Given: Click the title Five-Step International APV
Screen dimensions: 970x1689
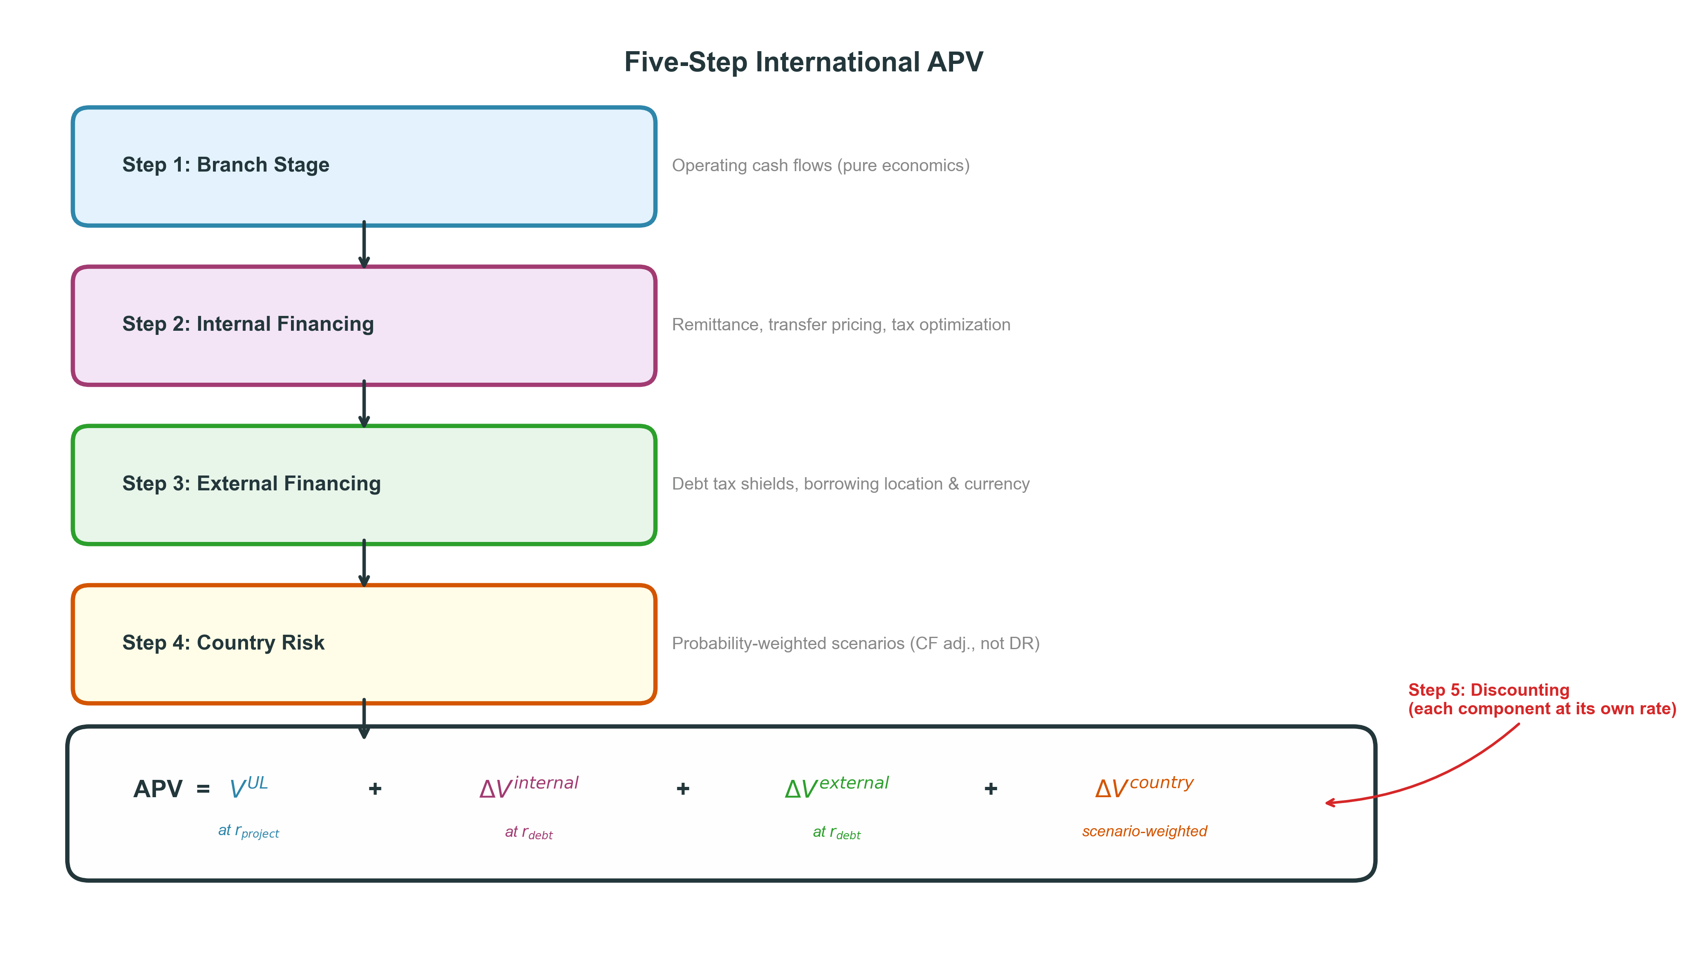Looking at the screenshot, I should (x=803, y=62).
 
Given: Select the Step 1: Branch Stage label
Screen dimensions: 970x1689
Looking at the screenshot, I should (x=225, y=165).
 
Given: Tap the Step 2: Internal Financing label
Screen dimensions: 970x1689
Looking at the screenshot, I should (x=248, y=324).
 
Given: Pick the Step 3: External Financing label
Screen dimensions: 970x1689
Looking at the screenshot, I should (x=251, y=483).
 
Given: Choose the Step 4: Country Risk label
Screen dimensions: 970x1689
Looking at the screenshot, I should (x=223, y=642).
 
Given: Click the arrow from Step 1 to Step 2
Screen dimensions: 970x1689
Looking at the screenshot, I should (x=364, y=245).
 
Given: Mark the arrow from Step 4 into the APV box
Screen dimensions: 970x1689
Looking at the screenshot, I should (x=364, y=718).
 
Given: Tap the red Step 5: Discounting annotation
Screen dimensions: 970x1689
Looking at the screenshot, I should (x=1541, y=699).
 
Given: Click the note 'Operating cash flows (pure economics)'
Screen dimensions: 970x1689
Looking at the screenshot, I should (x=821, y=165).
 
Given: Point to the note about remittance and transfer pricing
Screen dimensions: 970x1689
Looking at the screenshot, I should (x=840, y=325).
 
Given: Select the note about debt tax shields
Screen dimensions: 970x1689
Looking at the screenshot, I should (x=851, y=484).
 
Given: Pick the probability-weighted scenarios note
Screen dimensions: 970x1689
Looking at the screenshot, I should (x=855, y=643).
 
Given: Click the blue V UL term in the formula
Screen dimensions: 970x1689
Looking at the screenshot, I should (x=248, y=787).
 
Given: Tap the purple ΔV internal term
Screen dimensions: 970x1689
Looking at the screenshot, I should (x=529, y=787).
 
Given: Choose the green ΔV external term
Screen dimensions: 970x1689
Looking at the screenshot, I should (x=837, y=787).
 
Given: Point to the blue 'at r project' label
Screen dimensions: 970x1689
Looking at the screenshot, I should (x=248, y=831).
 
